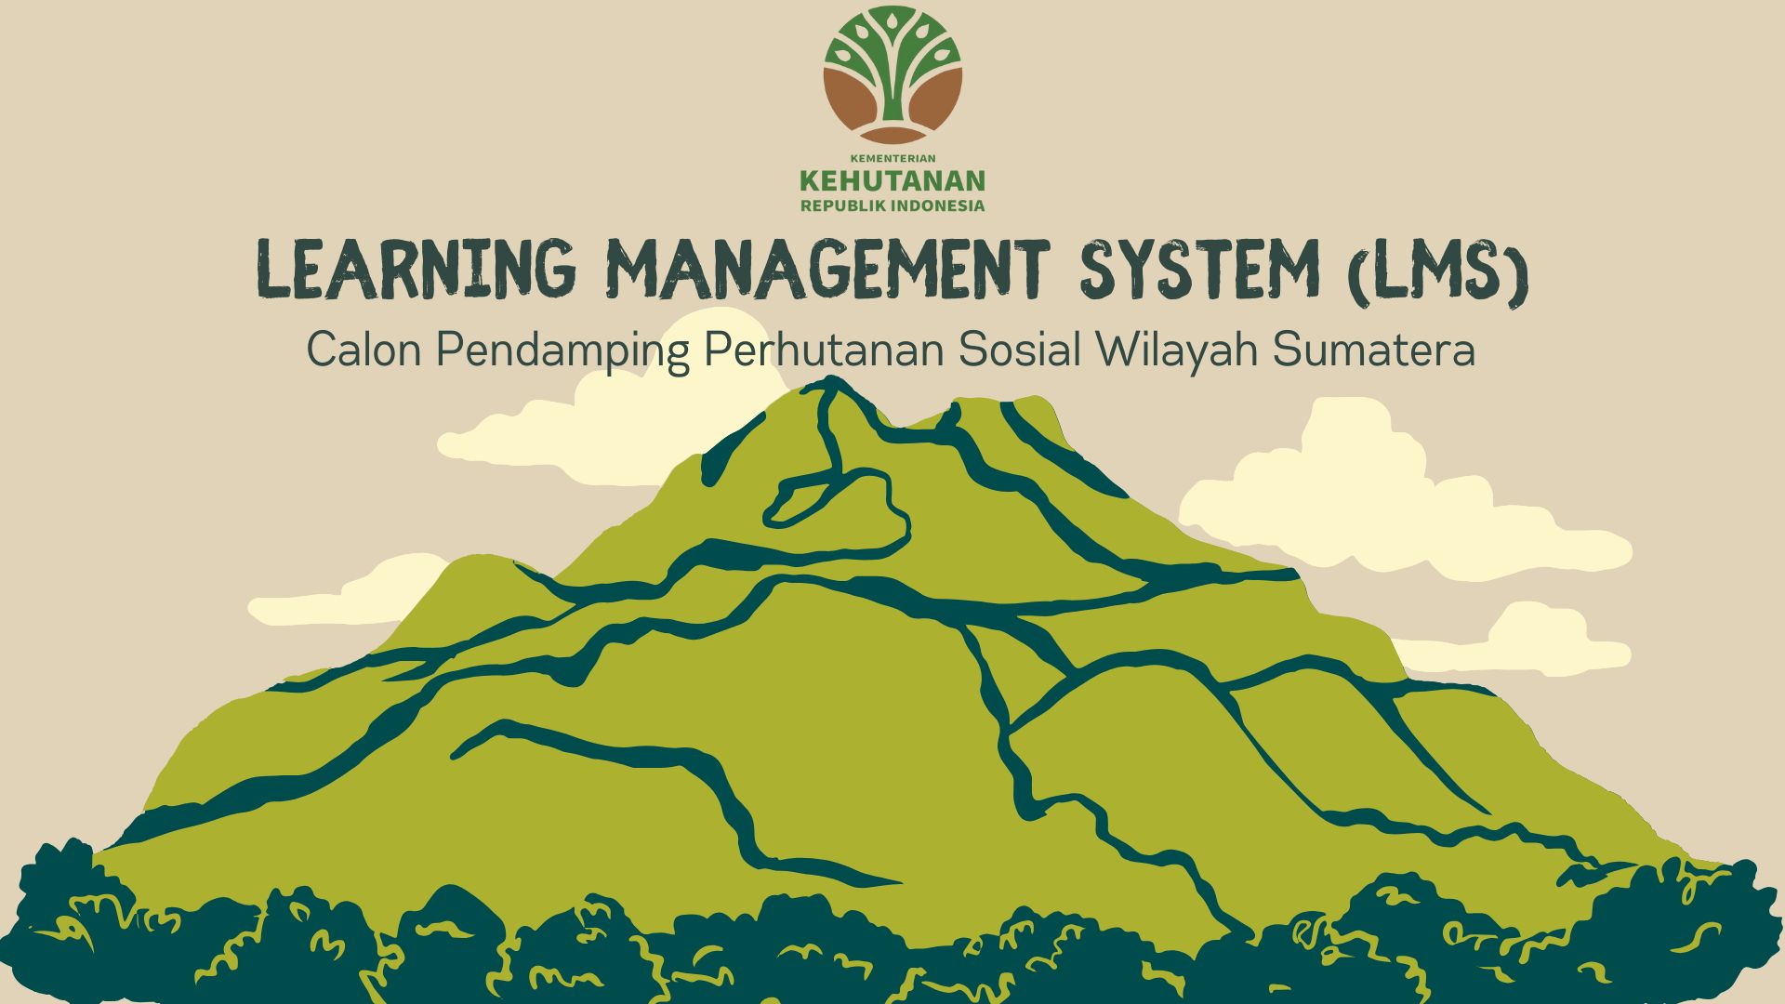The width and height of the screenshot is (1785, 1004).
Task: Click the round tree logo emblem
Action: pos(892,74)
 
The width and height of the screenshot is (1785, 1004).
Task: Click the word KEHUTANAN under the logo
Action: pos(892,180)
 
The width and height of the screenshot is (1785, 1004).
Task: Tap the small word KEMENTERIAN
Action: pos(892,159)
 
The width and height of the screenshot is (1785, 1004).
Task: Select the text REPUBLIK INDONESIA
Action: pos(892,205)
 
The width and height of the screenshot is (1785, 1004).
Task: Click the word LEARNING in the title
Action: pos(416,270)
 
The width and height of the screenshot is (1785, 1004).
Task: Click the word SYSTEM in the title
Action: pos(1199,270)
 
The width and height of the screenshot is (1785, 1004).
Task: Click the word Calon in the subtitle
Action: pos(364,350)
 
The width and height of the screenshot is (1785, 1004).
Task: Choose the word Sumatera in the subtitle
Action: pos(1374,350)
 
